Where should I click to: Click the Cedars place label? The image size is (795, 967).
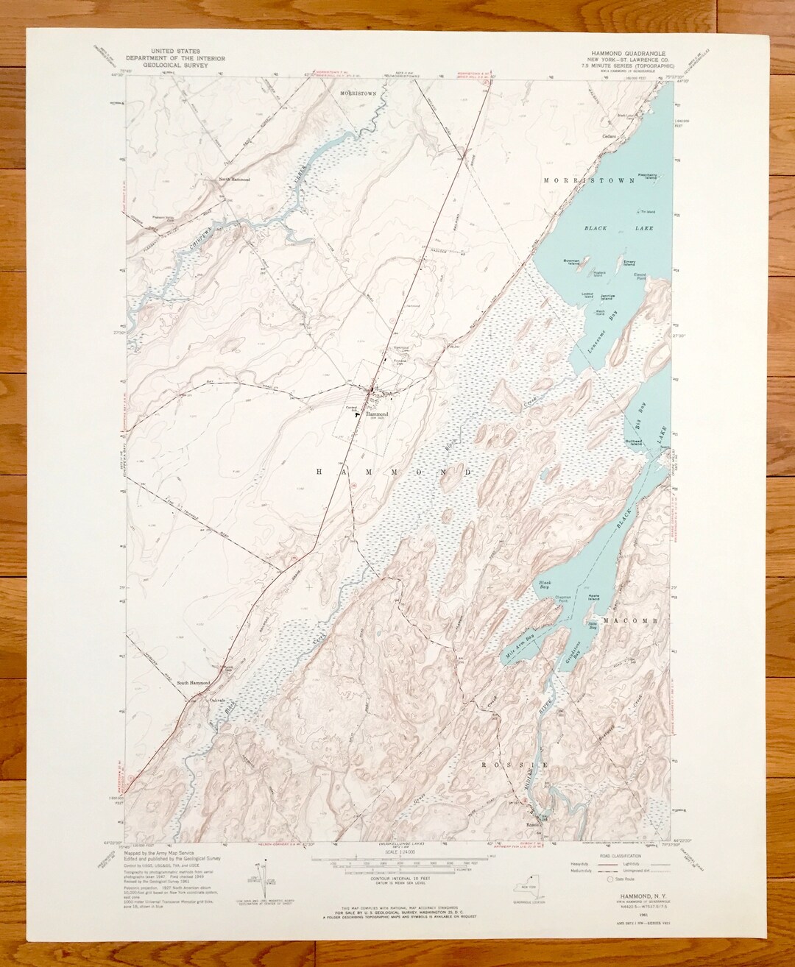tap(608, 136)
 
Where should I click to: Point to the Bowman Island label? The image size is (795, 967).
tap(574, 260)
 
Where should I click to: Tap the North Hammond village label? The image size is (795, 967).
tap(230, 180)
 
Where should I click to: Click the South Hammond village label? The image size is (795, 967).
tap(193, 684)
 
